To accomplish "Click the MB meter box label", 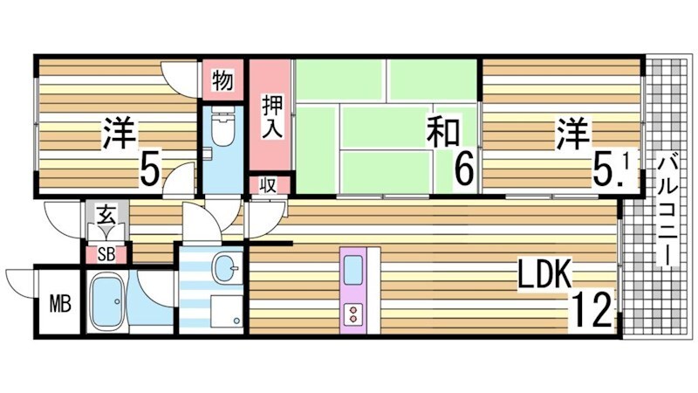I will click(x=58, y=305).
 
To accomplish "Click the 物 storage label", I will click(x=222, y=81).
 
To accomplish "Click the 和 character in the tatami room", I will click(x=443, y=134).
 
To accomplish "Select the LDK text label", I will click(x=544, y=276).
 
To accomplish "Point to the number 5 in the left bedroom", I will click(x=149, y=169).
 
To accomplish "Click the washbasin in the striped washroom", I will click(x=228, y=267).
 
